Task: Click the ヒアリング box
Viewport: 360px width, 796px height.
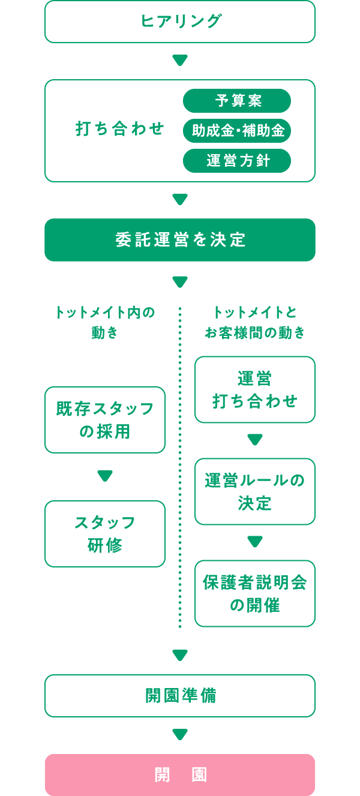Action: pos(180,22)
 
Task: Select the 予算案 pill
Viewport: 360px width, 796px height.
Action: pos(237,101)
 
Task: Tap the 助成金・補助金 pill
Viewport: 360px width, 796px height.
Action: pos(237,131)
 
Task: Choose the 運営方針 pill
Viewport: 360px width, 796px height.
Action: pos(237,161)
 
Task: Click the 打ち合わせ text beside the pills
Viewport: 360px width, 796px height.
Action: pos(120,129)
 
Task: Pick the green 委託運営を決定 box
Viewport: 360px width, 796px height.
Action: pos(180,240)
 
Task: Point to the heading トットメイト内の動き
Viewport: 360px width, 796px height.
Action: pos(105,322)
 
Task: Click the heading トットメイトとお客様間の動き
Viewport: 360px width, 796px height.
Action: pos(255,322)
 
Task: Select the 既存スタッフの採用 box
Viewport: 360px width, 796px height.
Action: pos(105,420)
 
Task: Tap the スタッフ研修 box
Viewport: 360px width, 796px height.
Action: pos(105,534)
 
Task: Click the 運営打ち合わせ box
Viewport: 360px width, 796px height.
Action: pos(255,390)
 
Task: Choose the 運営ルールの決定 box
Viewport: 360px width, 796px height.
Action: pos(255,492)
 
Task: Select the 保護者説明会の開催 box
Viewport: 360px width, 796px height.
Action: pos(255,594)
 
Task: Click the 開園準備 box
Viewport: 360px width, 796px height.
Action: pos(180,696)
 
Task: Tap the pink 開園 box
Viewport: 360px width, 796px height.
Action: pos(180,775)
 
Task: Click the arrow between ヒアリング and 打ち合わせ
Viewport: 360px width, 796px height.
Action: pos(180,61)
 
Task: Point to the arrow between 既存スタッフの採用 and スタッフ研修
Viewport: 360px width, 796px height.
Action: pos(105,476)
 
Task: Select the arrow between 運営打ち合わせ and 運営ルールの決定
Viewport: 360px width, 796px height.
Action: pos(255,440)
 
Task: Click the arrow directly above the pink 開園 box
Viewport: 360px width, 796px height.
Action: pos(180,735)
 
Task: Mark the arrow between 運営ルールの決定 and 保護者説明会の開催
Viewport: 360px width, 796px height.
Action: pos(255,542)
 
